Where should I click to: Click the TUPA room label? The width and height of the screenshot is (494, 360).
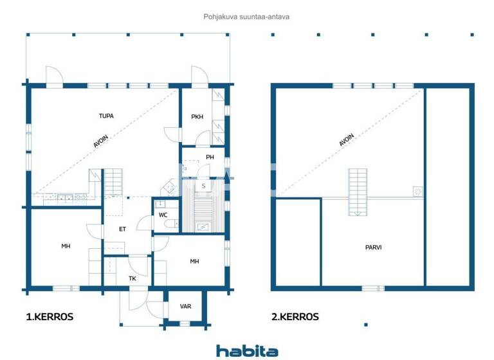(106, 116)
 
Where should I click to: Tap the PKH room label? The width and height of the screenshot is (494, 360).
(197, 117)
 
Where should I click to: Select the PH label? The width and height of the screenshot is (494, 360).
(210, 157)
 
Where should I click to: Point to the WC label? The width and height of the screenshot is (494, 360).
(163, 215)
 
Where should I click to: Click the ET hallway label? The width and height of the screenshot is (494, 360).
(122, 228)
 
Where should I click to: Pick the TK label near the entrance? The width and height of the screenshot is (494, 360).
(133, 278)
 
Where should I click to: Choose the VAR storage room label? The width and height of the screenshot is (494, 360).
(185, 306)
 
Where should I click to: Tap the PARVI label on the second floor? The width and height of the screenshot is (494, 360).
(373, 246)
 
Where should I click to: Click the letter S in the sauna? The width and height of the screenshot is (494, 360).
(203, 186)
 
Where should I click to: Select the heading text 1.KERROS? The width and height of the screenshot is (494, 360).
(50, 317)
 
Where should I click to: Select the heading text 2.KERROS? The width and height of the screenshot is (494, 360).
(295, 317)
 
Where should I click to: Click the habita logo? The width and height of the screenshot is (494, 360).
(247, 350)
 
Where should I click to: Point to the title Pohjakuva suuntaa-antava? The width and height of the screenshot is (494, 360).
(246, 17)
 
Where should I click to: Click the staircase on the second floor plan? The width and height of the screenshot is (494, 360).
(358, 192)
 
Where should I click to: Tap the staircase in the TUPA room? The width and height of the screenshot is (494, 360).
(113, 181)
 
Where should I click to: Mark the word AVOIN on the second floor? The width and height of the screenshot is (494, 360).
(347, 140)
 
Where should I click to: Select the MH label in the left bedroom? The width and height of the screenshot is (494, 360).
(66, 246)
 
